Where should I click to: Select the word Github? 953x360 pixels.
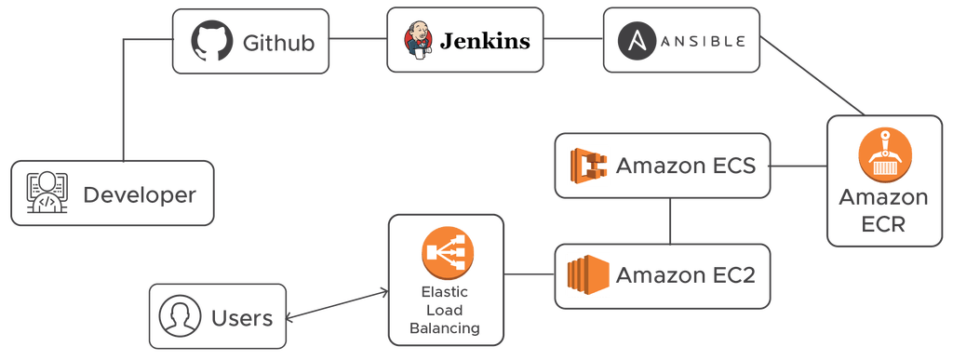pyautogui.click(x=277, y=43)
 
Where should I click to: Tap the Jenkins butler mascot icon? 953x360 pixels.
pyautogui.click(x=418, y=41)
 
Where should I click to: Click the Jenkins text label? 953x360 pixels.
pyautogui.click(x=485, y=41)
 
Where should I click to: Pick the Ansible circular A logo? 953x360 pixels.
pyautogui.click(x=638, y=41)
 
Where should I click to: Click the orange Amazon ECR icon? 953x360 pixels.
pyautogui.click(x=884, y=154)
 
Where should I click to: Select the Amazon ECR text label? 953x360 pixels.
pyautogui.click(x=883, y=211)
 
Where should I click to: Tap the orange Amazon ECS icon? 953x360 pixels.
pyautogui.click(x=588, y=167)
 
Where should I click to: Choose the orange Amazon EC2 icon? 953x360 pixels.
pyautogui.click(x=587, y=274)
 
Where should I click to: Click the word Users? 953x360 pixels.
pyautogui.click(x=242, y=319)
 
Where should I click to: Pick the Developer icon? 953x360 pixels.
pyautogui.click(x=45, y=193)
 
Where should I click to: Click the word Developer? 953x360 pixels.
pyautogui.click(x=140, y=194)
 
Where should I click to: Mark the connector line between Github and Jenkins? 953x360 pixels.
pyautogui.click(x=359, y=40)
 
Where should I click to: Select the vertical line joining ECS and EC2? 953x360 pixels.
pyautogui.click(x=671, y=220)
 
